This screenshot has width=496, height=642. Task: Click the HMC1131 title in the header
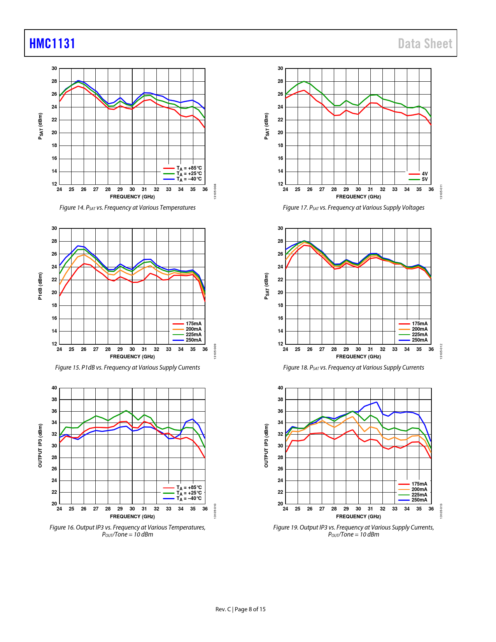tap(52, 44)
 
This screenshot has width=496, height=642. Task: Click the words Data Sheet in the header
tap(425, 44)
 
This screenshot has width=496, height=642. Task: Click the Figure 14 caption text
tap(127, 208)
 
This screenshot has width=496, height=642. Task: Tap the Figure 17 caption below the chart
tap(353, 208)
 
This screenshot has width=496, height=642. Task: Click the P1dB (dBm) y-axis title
tap(40, 286)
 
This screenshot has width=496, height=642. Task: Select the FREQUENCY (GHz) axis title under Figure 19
tap(358, 517)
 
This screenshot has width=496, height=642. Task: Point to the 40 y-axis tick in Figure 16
tap(54, 388)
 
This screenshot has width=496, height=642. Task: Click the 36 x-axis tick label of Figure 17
tap(431, 189)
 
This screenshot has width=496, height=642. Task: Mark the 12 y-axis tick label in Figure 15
tap(54, 344)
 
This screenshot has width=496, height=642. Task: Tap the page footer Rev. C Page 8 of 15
tap(240, 609)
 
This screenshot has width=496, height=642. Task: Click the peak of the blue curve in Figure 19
tap(376, 402)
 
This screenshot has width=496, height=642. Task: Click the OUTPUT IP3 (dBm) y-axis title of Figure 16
tap(40, 446)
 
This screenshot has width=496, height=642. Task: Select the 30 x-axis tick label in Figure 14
tap(132, 189)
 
